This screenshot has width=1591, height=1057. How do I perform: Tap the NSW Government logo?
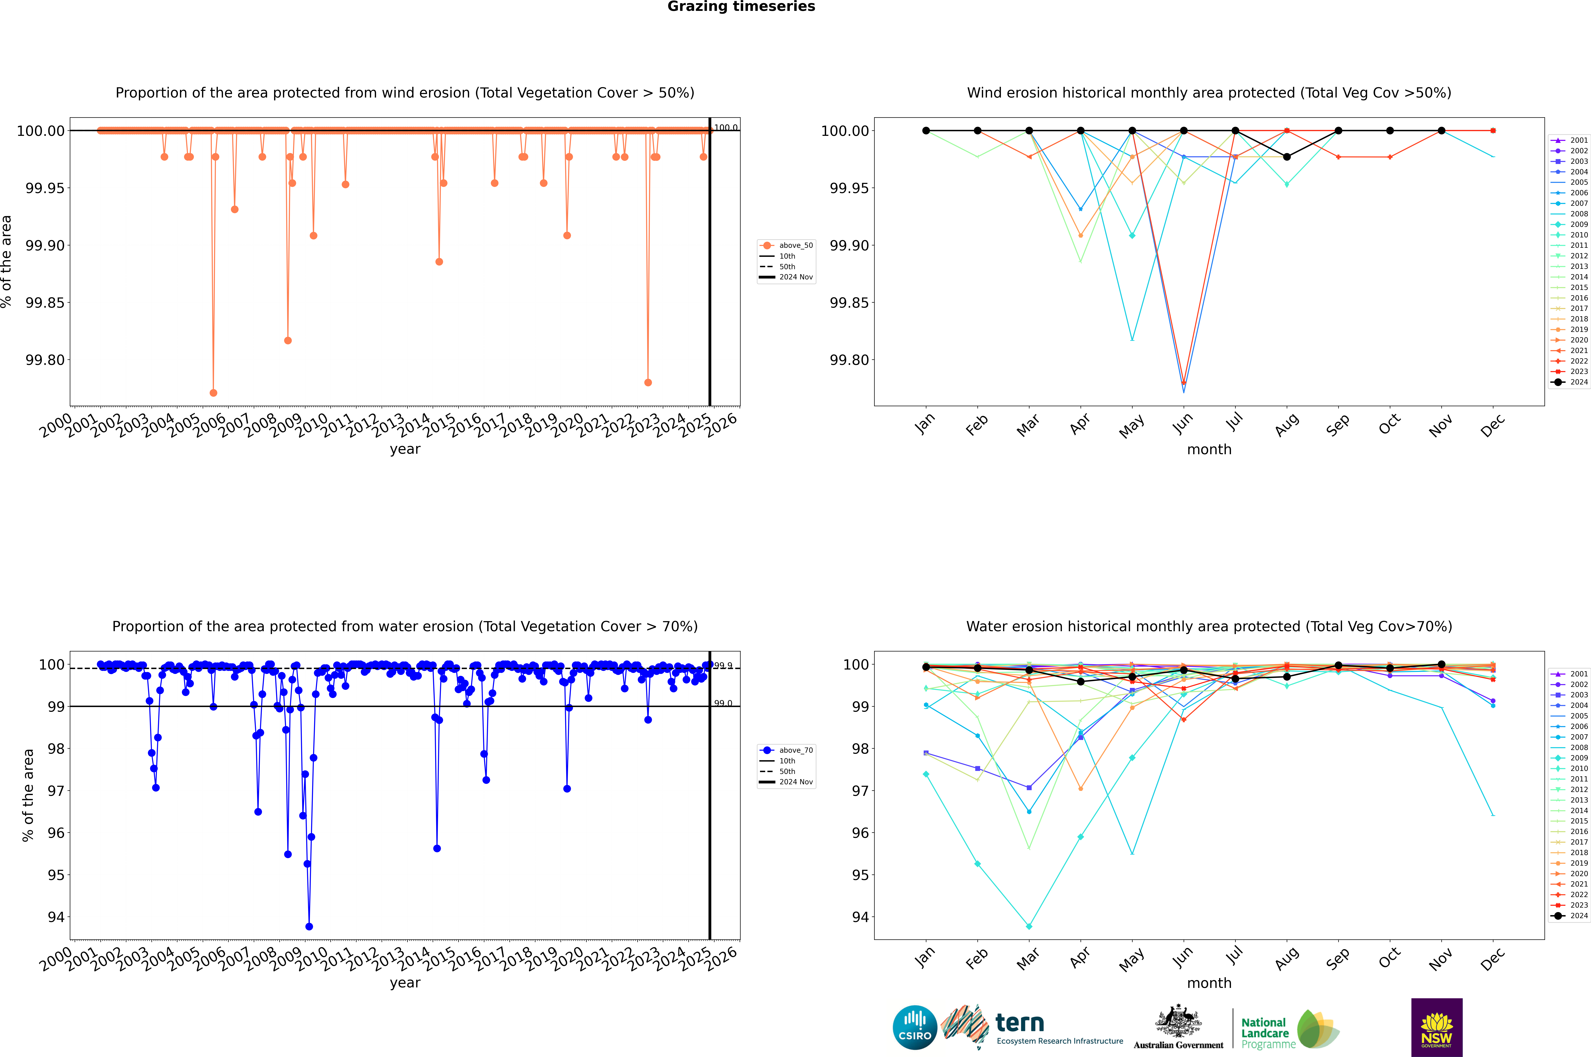1437,1027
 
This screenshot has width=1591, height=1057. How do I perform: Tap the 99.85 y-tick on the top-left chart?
45,303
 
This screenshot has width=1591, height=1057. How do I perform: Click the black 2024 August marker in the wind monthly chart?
1287,157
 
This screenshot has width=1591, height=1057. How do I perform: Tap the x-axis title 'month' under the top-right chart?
1209,450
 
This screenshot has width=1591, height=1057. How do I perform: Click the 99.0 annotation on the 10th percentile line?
723,703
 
